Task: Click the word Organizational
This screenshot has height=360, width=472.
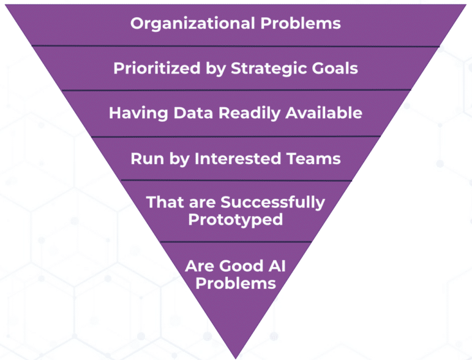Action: (x=193, y=24)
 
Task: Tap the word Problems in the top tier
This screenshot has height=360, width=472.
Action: (x=301, y=23)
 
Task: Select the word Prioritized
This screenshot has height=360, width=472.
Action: (x=157, y=68)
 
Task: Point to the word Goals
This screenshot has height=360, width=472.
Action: (x=335, y=69)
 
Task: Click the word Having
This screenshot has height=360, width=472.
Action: (x=138, y=113)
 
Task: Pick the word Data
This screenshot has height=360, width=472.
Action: (x=193, y=113)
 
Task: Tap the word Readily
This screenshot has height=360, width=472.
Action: (x=250, y=113)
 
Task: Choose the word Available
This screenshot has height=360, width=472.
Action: (x=324, y=113)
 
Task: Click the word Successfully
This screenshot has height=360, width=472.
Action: (x=272, y=203)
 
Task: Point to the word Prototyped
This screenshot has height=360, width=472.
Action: (x=236, y=220)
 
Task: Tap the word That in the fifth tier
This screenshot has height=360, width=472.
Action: (x=165, y=202)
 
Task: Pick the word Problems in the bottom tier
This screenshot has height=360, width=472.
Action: (x=236, y=283)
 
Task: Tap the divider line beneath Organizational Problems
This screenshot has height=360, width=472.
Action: (x=236, y=46)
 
